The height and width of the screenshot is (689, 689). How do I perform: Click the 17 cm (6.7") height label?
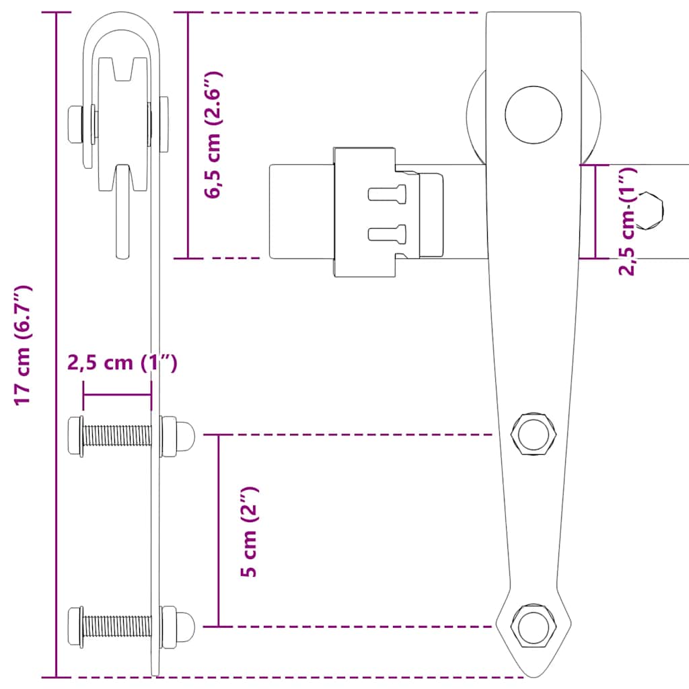(x=24, y=345)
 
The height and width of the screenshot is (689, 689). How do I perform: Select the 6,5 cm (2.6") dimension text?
(x=214, y=135)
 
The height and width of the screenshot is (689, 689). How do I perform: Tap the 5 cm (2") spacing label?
(x=250, y=532)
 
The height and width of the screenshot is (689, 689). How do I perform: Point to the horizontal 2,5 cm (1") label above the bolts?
(x=122, y=363)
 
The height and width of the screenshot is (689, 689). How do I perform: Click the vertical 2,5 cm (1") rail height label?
(x=627, y=222)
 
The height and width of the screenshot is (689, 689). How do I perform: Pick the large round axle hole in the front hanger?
(x=534, y=114)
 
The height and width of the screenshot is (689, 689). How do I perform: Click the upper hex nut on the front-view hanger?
(x=534, y=435)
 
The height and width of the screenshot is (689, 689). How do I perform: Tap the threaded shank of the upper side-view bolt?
(x=118, y=436)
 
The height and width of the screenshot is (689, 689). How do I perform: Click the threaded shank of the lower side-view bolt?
(x=118, y=626)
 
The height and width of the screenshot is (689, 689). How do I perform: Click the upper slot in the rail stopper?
(x=388, y=194)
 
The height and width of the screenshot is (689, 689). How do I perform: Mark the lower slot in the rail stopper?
(x=388, y=233)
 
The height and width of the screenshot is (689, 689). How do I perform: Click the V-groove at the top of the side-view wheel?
(x=122, y=69)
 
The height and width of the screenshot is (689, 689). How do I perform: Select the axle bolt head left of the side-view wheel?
(x=75, y=124)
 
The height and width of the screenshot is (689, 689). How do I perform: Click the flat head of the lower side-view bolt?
(x=75, y=626)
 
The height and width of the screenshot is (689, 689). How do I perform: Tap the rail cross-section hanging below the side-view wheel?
(x=122, y=215)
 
